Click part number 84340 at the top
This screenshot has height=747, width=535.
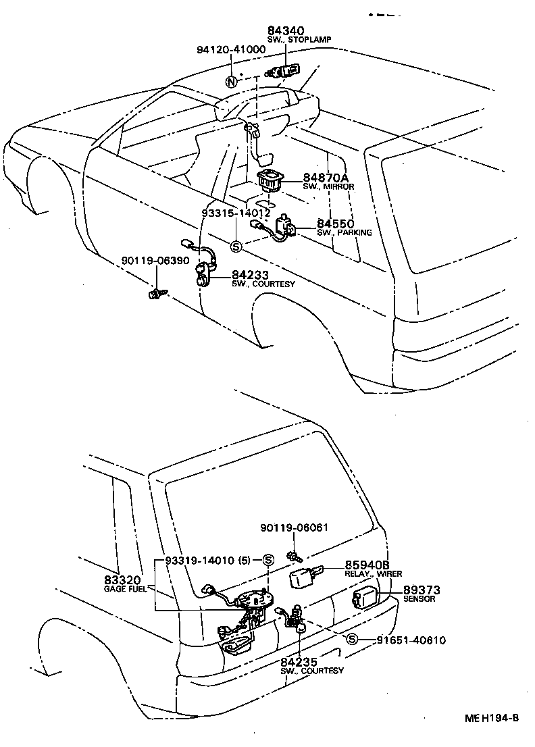point(286,31)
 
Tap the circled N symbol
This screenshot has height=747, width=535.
point(232,82)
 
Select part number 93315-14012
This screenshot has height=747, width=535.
point(236,212)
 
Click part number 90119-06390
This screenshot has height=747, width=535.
point(155,261)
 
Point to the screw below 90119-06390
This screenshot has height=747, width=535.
point(157,293)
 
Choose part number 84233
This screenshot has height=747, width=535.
point(251,275)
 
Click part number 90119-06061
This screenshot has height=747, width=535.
point(295,527)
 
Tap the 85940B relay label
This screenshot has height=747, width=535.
point(367,564)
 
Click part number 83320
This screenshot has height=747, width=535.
point(122,580)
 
